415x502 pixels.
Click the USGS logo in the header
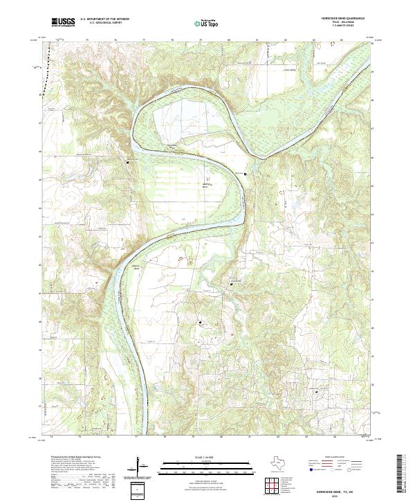[x=63, y=23]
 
